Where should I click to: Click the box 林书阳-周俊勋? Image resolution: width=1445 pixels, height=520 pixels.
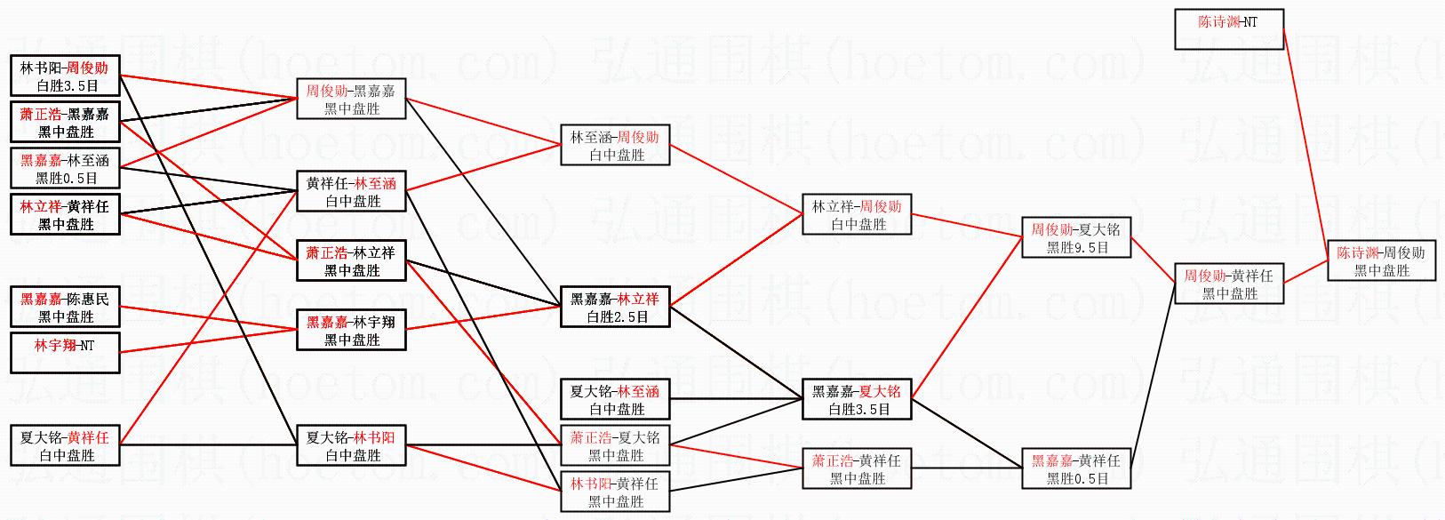[x=65, y=76]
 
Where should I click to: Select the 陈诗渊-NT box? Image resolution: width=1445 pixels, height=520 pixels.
[x=1229, y=29]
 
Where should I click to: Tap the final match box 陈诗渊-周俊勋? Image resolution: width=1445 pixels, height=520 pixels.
[x=1382, y=260]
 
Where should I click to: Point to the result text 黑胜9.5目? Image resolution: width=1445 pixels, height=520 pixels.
[x=1077, y=247]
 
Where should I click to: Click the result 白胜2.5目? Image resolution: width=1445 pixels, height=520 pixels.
[x=617, y=316]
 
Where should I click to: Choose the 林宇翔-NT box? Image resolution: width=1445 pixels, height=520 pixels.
[x=65, y=353]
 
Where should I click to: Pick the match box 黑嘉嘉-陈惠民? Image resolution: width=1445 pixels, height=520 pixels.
[x=65, y=307]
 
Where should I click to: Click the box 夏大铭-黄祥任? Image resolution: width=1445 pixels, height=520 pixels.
[x=65, y=445]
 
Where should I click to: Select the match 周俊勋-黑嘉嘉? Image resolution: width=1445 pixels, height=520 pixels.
[x=351, y=99]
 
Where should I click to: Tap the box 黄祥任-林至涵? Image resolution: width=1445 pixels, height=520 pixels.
[x=351, y=191]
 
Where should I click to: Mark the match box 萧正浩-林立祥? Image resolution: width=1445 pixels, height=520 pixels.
[x=351, y=260]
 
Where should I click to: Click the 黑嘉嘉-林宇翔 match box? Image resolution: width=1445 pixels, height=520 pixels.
[x=351, y=330]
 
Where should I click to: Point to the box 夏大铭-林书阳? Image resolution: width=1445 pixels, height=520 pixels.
[x=351, y=445]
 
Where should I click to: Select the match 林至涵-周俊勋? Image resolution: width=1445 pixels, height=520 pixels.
[x=615, y=145]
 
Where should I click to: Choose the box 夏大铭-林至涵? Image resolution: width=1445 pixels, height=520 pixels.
[x=615, y=399]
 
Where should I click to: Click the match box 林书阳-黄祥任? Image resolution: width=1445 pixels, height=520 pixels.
[x=615, y=492]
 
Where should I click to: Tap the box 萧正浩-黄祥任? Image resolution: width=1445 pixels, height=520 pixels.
[x=857, y=468]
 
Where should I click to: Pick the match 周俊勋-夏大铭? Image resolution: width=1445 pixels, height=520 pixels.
[x=1076, y=237]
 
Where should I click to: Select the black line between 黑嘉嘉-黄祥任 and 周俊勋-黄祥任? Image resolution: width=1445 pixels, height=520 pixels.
[x=1153, y=375]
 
